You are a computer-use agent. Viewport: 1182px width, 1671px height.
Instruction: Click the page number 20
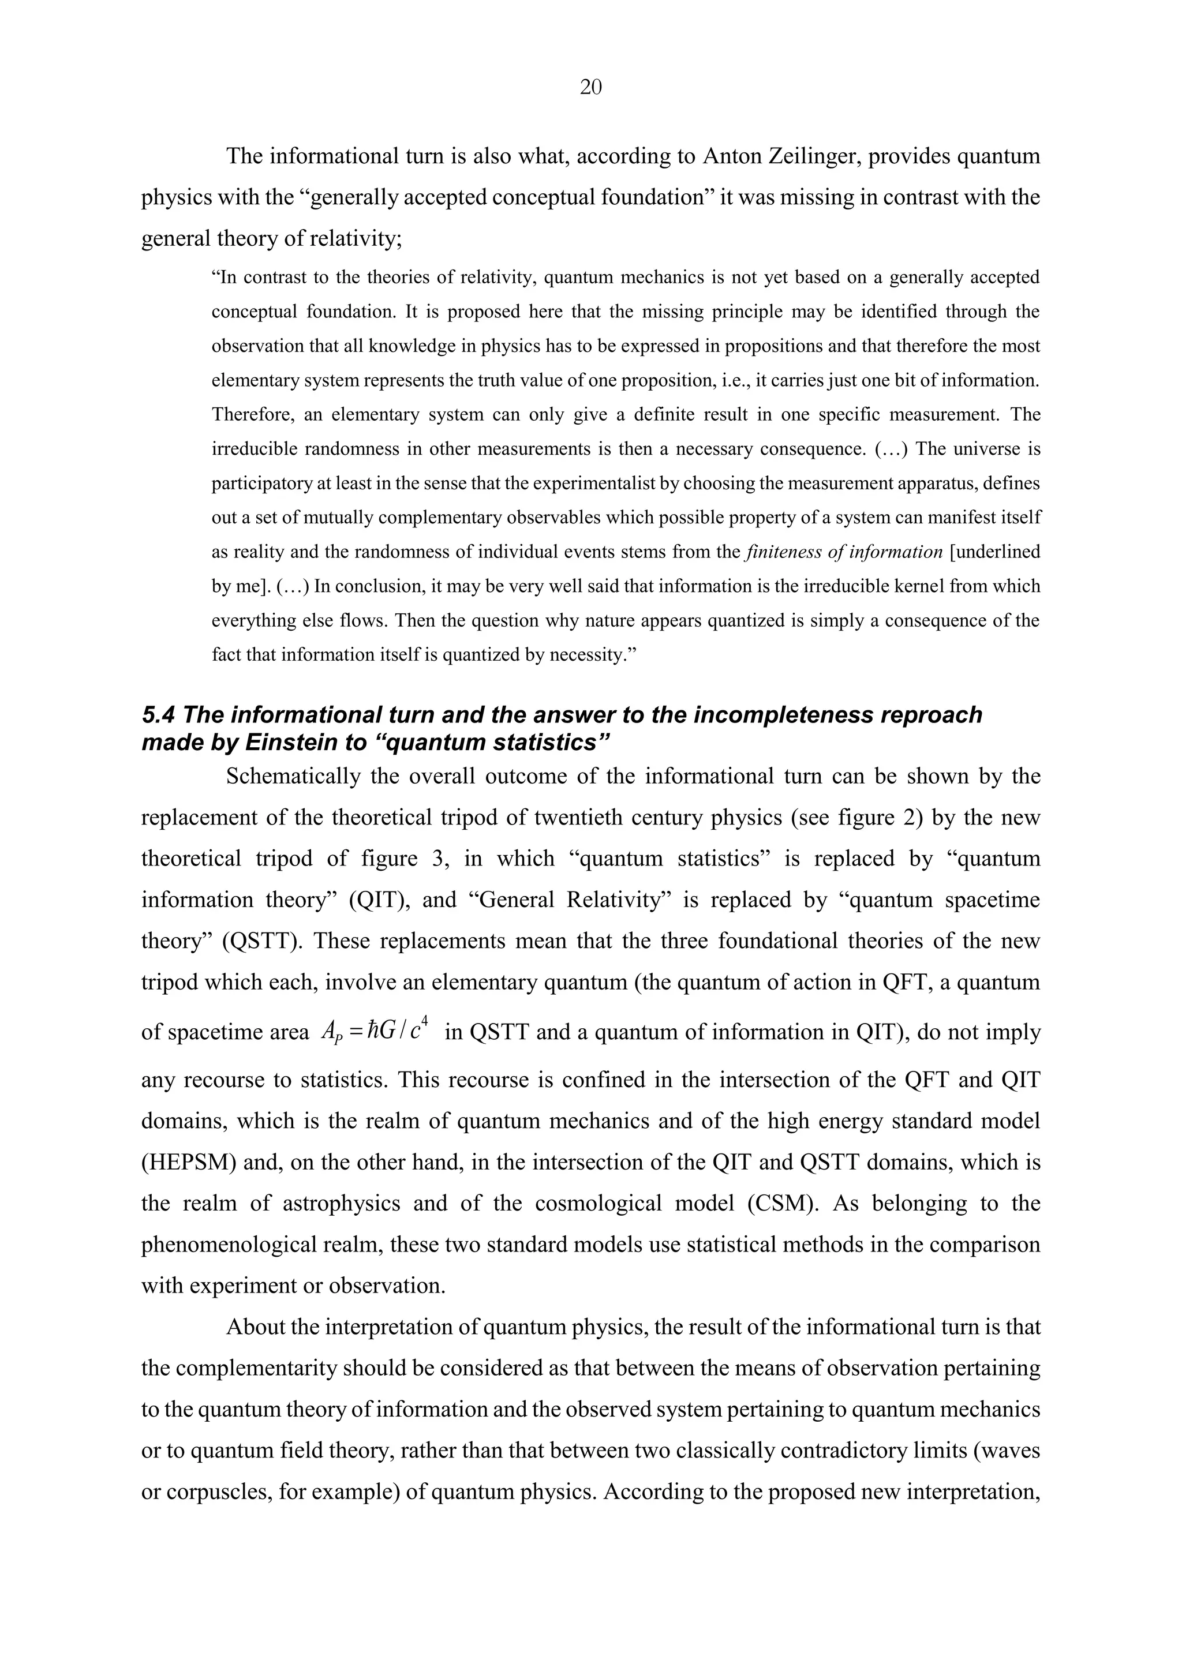[x=590, y=88]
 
